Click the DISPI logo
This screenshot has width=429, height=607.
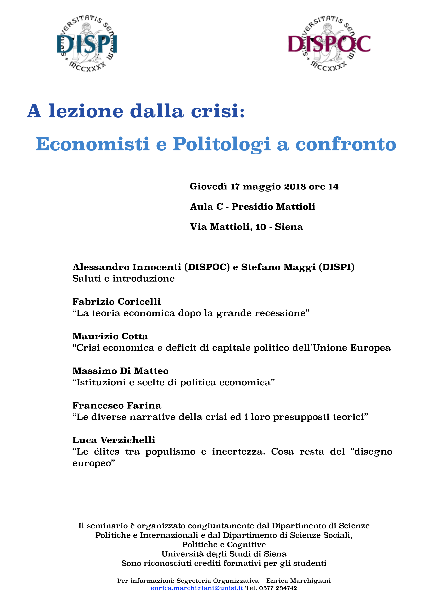87,44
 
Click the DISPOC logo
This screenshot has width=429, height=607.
329,44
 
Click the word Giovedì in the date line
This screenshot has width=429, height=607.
208,187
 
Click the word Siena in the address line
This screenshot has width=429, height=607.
289,227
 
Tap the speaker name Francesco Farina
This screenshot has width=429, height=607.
117,406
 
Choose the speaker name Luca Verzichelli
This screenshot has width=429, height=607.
114,440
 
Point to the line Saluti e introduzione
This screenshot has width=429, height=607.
123,279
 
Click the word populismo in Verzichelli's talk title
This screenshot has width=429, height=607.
170,452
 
